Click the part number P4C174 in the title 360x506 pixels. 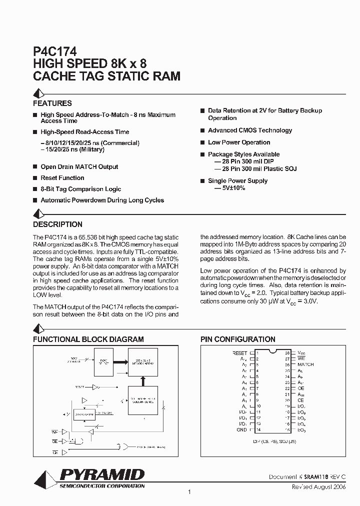[54, 51]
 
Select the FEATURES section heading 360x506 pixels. [52, 103]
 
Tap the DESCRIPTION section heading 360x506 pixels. [57, 224]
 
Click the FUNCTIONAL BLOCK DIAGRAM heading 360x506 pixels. [88, 339]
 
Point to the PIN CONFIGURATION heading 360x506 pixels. [238, 339]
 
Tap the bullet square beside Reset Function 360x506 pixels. [35, 178]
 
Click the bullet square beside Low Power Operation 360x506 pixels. [202, 142]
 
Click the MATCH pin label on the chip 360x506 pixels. [305, 364]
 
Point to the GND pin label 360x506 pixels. [242, 429]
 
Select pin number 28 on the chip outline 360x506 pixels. [287, 353]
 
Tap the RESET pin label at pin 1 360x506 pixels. [240, 353]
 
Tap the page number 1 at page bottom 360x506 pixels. [189, 492]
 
